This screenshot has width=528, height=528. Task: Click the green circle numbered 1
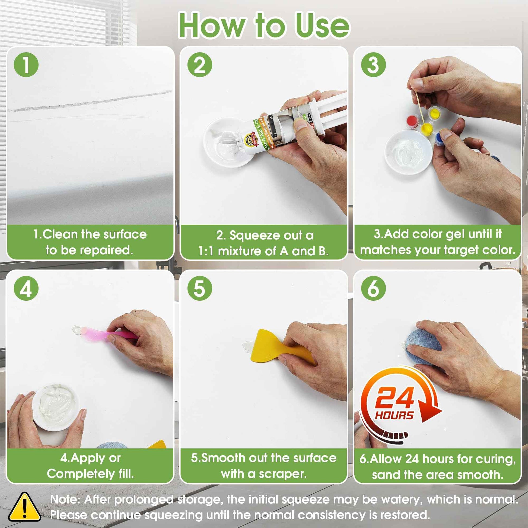point(26,65)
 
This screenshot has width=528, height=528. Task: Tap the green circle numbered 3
point(373,65)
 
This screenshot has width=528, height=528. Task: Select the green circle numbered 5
point(200,289)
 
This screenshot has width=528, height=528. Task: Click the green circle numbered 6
point(373,289)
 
